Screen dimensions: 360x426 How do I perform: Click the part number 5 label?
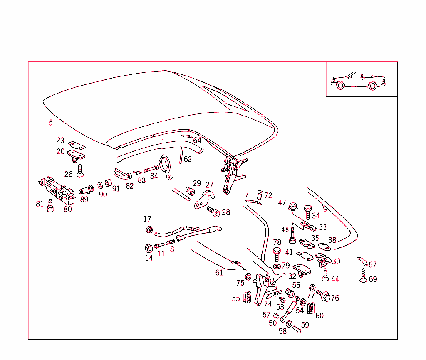(x=51, y=122)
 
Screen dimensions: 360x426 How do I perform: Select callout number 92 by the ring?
(x=169, y=178)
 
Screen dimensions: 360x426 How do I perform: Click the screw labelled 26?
(x=80, y=169)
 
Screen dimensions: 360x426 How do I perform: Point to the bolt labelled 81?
(x=51, y=205)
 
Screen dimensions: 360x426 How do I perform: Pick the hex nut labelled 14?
(x=149, y=248)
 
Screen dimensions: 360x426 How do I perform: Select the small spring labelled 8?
(x=170, y=242)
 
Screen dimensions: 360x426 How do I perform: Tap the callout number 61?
(x=219, y=273)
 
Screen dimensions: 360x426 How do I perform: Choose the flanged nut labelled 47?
(x=293, y=205)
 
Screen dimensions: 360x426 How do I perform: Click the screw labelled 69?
(x=363, y=276)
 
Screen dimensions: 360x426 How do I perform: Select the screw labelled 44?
(x=325, y=274)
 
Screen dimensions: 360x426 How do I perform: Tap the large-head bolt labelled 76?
(x=324, y=296)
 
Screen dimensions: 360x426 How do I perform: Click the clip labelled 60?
(x=310, y=308)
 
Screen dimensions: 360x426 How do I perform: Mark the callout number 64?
(x=197, y=141)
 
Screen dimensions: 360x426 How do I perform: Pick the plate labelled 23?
(x=77, y=144)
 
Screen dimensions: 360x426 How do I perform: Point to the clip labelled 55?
(x=247, y=297)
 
